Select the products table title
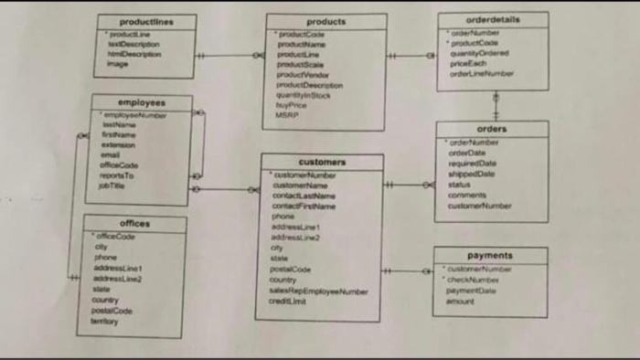point(325,21)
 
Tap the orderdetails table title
point(493,19)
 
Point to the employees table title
point(142,102)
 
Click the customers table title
point(322,162)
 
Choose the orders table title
point(492,129)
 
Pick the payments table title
point(490,256)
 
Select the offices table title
point(135,223)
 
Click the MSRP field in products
point(287,115)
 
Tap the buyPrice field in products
point(292,105)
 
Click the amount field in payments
point(461,301)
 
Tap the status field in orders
point(460,185)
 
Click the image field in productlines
point(118,64)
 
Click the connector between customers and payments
point(407,270)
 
